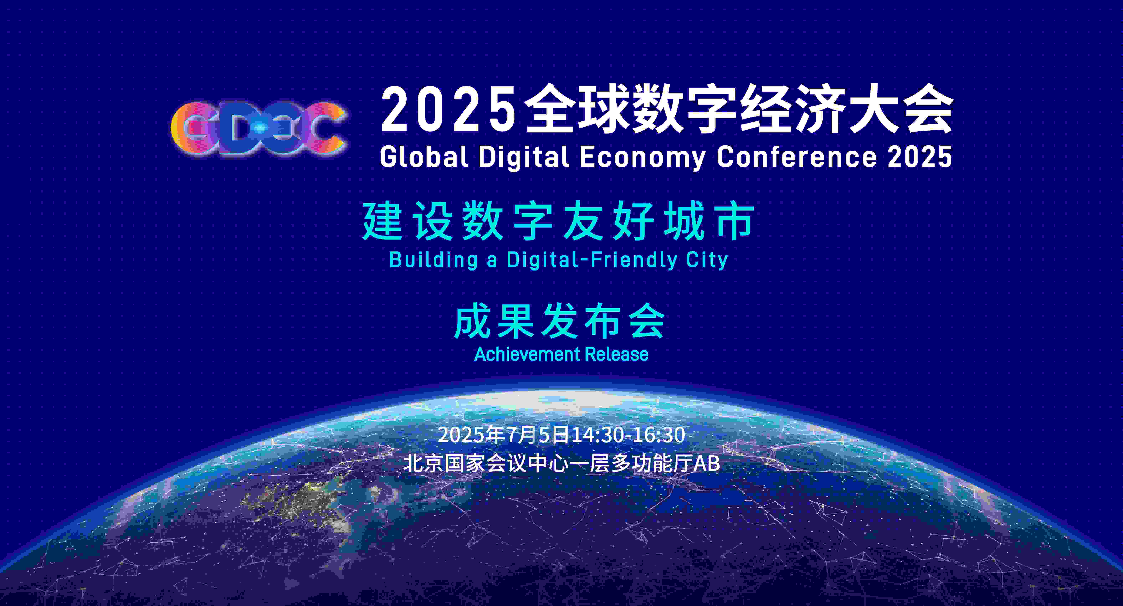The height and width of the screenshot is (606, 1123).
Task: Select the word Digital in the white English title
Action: click(524, 157)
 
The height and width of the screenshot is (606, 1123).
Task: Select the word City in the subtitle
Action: click(707, 260)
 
